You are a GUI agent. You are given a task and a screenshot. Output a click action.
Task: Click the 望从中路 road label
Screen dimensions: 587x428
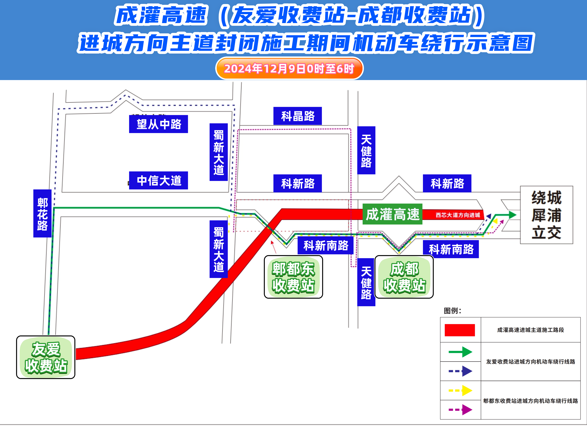point(158,124)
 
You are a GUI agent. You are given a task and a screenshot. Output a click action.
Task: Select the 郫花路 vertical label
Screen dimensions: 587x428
point(42,213)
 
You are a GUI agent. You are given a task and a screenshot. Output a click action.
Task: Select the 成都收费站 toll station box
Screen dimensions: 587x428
point(404,277)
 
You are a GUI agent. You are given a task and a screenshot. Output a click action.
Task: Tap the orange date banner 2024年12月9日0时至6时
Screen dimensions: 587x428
point(289,68)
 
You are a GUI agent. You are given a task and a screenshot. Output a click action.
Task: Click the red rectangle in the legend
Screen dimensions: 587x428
point(460,330)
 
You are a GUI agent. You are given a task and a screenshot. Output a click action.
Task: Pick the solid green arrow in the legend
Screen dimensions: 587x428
point(460,352)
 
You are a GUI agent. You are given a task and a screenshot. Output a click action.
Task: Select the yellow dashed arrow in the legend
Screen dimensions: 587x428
point(460,390)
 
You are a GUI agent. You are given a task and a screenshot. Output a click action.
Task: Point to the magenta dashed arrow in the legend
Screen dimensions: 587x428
point(460,410)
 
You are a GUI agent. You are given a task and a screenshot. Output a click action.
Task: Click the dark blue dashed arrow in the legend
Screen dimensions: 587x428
point(460,371)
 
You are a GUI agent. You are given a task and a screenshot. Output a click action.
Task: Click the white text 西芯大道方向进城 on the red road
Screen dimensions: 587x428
point(458,215)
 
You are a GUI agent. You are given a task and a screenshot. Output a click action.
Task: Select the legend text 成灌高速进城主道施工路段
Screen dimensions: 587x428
point(530,330)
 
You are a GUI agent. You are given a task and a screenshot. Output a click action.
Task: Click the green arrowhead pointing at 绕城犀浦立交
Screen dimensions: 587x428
point(512,215)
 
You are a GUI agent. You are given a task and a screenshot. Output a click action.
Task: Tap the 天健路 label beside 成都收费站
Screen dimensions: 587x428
point(366,282)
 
